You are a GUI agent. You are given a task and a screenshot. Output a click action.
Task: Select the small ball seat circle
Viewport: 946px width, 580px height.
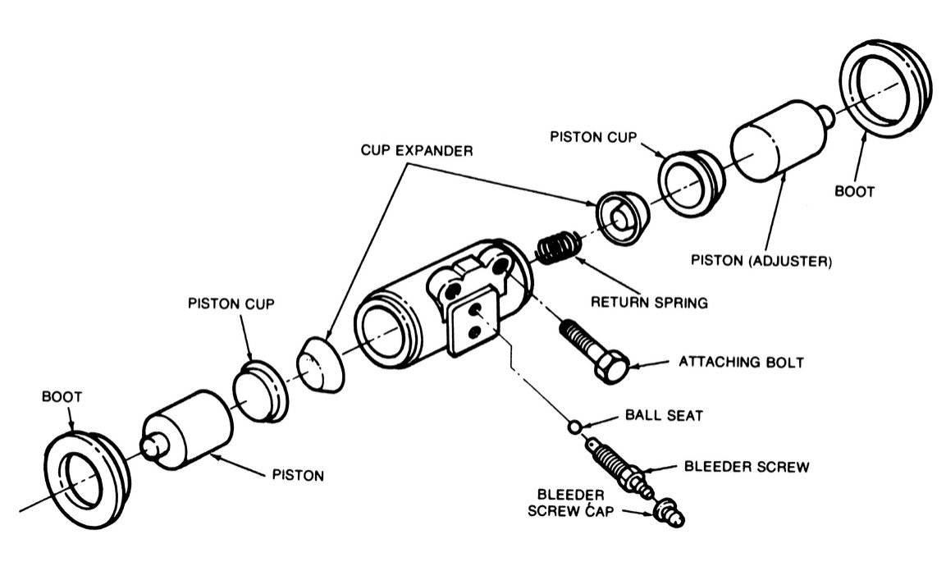[575, 427]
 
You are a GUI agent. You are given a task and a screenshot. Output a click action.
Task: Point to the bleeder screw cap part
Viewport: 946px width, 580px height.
[668, 514]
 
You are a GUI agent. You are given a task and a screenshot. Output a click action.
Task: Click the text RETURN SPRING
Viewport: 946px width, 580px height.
[649, 303]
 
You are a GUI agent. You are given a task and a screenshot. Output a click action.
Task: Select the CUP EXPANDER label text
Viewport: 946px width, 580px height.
[417, 151]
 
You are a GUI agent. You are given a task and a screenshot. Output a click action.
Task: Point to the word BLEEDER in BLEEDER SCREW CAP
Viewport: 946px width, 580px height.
[571, 495]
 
